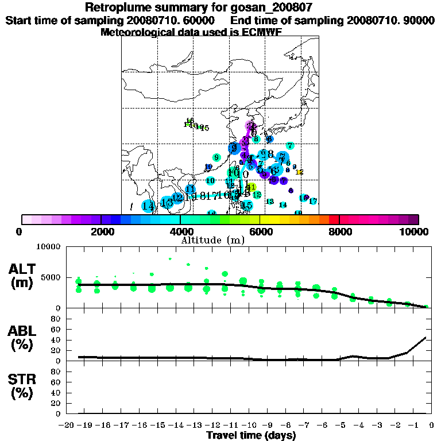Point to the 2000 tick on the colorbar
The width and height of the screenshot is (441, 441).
pos(101,219)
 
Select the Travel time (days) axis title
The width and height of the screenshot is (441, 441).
pos(251,436)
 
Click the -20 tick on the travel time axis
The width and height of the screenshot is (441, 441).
pos(68,425)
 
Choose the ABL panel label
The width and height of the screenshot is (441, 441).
pos(24,338)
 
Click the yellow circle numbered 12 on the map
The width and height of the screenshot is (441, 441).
pos(299,172)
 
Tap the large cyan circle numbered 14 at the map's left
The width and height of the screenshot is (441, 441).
pos(148,206)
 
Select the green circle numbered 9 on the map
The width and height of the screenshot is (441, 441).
pos(216,157)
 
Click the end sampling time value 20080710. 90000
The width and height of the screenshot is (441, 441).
pos(390,20)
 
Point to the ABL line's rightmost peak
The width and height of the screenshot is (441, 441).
pos(425,337)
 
